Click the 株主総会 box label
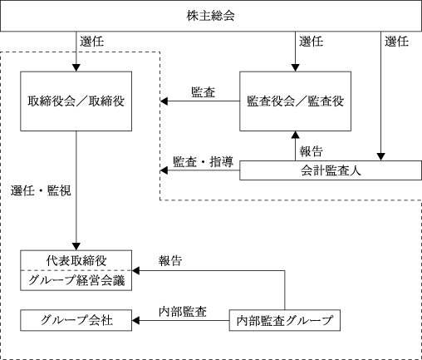pyautogui.click(x=210, y=16)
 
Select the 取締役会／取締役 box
pyautogui.click(x=76, y=101)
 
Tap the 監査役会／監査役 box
pyautogui.click(x=295, y=101)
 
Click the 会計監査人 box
pyautogui.click(x=331, y=170)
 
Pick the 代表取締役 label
pyautogui.click(x=76, y=260)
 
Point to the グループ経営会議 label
pyautogui.click(x=76, y=280)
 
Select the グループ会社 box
pyautogui.click(x=76, y=320)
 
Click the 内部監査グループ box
pyautogui.click(x=285, y=320)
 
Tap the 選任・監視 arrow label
pyautogui.click(x=41, y=191)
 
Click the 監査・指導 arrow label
pyautogui.click(x=203, y=162)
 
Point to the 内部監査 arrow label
pyautogui.click(x=183, y=312)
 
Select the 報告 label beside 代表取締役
pyautogui.click(x=170, y=261)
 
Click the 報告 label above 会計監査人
pyautogui.click(x=312, y=151)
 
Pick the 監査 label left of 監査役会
pyautogui.click(x=204, y=92)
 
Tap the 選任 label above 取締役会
pyautogui.click(x=92, y=42)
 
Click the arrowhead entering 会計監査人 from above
pyautogui.click(x=381, y=157)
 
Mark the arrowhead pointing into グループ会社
pyautogui.click(x=135, y=320)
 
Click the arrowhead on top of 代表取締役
pyautogui.click(x=76, y=247)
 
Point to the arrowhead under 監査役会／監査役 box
pyautogui.click(x=296, y=135)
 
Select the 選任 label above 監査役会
pyautogui.click(x=312, y=42)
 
